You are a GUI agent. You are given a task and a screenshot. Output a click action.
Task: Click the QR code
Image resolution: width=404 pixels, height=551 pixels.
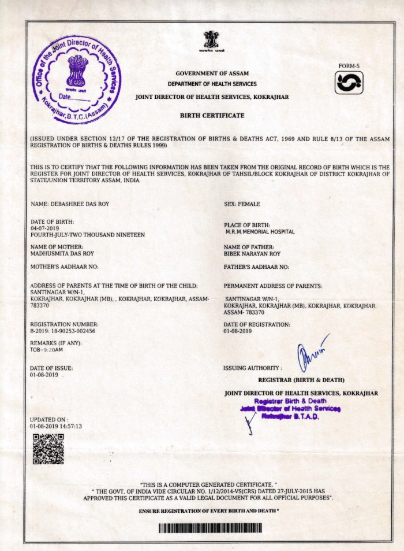(48, 449)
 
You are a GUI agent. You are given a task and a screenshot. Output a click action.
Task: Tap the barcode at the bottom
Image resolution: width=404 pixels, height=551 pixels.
(210, 528)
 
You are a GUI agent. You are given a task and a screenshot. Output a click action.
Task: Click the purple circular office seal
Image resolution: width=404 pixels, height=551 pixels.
(77, 75)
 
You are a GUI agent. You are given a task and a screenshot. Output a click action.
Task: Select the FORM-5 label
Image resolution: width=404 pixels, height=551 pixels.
(349, 66)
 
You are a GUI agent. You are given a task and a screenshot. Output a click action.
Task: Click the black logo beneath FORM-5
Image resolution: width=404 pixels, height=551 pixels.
(349, 84)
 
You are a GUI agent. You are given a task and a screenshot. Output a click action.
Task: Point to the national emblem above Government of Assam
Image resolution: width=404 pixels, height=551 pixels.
(211, 42)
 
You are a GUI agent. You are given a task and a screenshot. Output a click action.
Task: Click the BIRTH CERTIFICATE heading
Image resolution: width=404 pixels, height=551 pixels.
(212, 116)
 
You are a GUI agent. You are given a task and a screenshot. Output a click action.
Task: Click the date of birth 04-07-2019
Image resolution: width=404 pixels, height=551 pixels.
(45, 228)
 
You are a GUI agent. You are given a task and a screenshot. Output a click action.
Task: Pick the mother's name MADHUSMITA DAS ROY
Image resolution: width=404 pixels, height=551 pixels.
(62, 253)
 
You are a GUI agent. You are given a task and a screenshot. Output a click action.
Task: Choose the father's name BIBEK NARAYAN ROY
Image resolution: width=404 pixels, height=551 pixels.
(253, 253)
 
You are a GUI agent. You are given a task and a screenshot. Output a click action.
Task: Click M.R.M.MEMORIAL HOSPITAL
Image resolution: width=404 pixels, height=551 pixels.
(260, 232)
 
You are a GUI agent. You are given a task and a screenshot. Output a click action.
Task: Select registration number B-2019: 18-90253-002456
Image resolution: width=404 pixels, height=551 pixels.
(63, 331)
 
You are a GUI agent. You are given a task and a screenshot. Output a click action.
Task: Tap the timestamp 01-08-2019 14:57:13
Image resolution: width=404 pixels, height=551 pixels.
(56, 426)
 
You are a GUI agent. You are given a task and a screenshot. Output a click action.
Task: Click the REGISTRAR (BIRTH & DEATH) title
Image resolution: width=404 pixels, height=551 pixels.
(301, 380)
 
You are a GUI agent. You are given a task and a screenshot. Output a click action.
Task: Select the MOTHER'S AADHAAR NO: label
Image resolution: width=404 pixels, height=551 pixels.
(64, 267)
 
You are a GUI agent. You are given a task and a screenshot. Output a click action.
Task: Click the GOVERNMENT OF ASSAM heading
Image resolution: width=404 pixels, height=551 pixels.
(212, 73)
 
